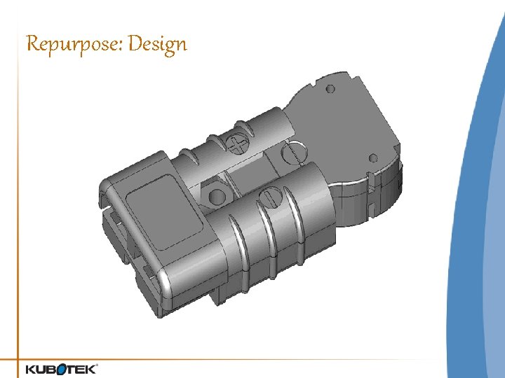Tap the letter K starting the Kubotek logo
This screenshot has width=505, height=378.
coord(32,369)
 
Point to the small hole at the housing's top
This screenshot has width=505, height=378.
coord(329,89)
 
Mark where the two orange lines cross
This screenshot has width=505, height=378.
coord(19,360)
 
